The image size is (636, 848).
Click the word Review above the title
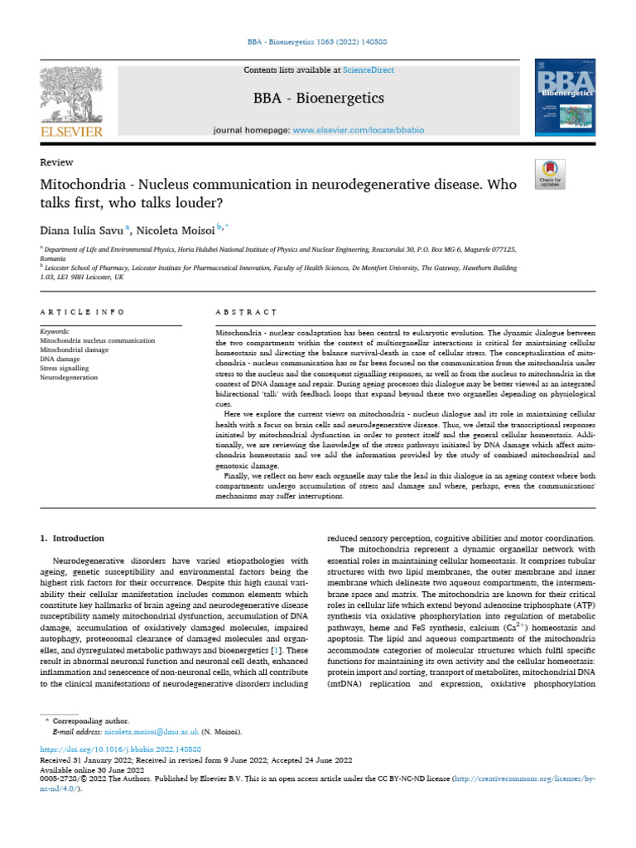pyautogui.click(x=56, y=162)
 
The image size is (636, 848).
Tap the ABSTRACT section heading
pyautogui.click(x=245, y=312)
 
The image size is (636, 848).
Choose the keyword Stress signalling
pyautogui.click(x=68, y=368)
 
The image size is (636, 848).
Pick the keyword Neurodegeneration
pyautogui.click(x=69, y=377)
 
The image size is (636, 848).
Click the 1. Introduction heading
pyautogui.click(x=73, y=538)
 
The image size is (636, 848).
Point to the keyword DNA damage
pyautogui.click(x=60, y=359)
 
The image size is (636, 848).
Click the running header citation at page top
pyautogui.click(x=317, y=42)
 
